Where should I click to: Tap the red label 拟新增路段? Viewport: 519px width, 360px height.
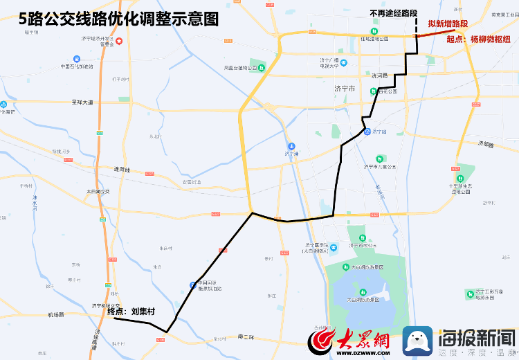pos(453,24)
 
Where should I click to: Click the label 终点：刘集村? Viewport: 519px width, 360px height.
pos(134,312)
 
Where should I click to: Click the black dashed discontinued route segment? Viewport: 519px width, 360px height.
pos(416,26)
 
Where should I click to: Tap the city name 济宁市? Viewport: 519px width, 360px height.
pos(344,89)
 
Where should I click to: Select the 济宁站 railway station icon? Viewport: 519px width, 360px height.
pos(367,131)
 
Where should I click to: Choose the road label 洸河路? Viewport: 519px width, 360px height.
pos(380,75)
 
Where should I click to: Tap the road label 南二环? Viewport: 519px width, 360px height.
pos(246,336)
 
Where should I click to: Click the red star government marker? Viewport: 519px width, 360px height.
pos(119,42)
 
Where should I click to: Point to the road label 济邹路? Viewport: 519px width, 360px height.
pos(485,144)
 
